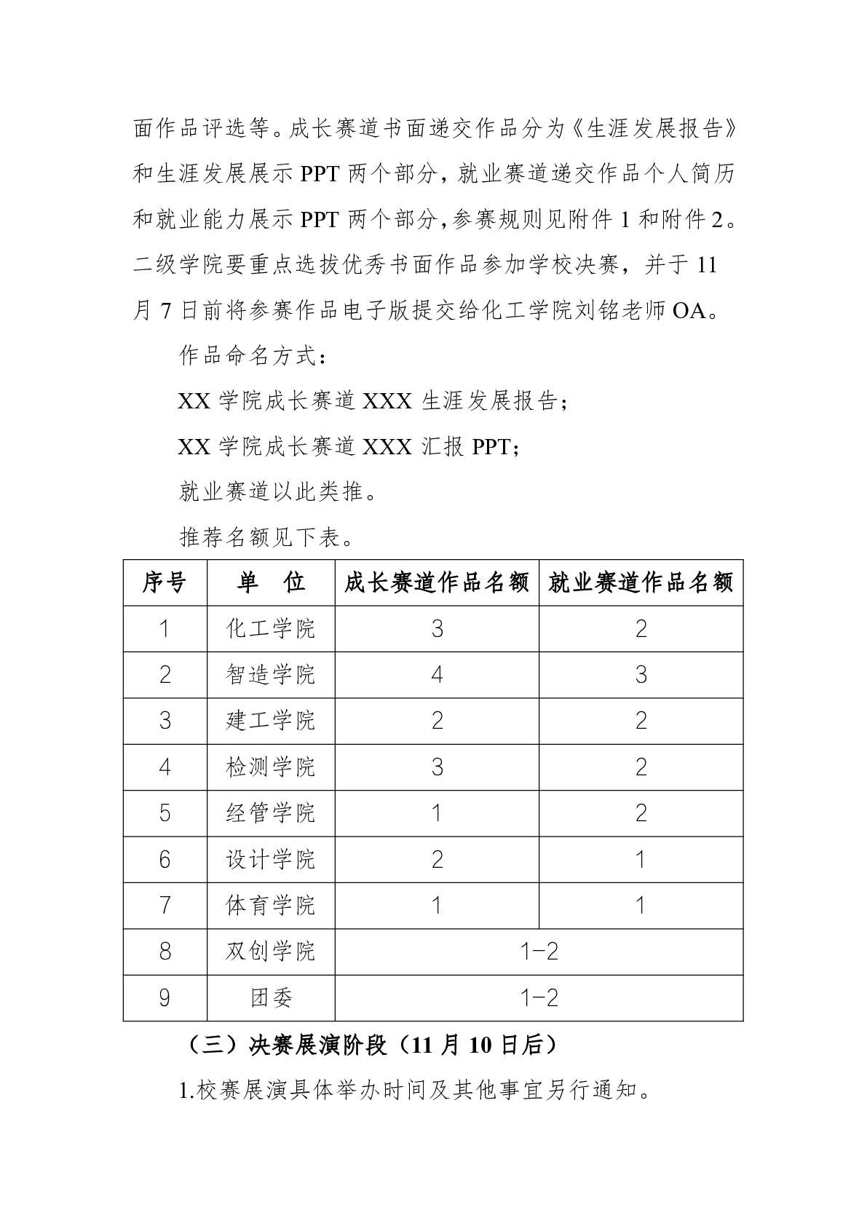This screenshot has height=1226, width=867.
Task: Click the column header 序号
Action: pyautogui.click(x=165, y=582)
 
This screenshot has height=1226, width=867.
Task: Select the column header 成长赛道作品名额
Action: pyautogui.click(x=437, y=582)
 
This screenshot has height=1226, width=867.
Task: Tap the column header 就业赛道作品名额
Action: pyautogui.click(x=641, y=582)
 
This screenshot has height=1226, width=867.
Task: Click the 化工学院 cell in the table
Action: pyautogui.click(x=271, y=629)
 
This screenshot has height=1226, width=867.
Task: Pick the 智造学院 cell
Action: pyautogui.click(x=271, y=675)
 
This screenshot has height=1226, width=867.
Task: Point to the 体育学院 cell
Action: pyautogui.click(x=271, y=906)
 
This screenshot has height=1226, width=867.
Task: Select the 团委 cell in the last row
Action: pyautogui.click(x=271, y=998)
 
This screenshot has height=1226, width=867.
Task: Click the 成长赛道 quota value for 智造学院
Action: pyautogui.click(x=437, y=675)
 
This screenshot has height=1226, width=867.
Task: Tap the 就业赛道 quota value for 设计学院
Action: pyautogui.click(x=641, y=860)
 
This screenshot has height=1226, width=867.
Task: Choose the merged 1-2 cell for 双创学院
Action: pyautogui.click(x=539, y=952)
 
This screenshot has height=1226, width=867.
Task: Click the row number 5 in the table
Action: pyautogui.click(x=165, y=813)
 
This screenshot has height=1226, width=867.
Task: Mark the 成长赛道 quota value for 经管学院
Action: pyautogui.click(x=437, y=813)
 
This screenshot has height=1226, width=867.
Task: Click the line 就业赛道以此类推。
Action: pyautogui.click(x=279, y=492)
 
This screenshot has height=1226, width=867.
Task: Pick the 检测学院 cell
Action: pyautogui.click(x=271, y=767)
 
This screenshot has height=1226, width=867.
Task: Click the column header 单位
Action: pyautogui.click(x=271, y=582)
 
